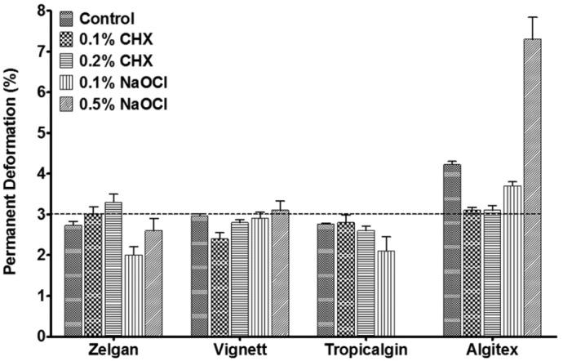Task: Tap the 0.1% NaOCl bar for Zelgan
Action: tap(132, 295)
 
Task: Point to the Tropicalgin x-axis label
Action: tap(348, 350)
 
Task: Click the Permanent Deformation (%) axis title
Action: tap(11, 173)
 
